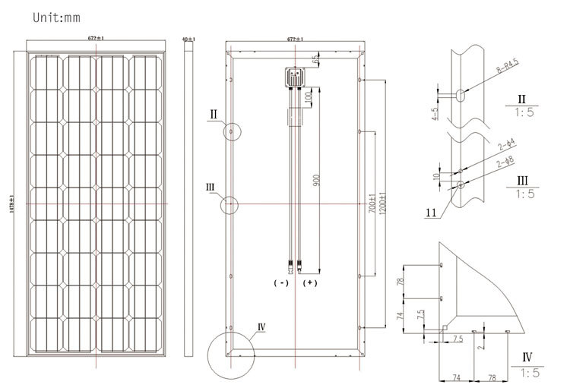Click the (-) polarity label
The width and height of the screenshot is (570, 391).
[x=280, y=283]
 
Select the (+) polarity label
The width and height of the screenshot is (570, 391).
[x=310, y=283]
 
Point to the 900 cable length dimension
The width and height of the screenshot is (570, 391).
[x=317, y=181]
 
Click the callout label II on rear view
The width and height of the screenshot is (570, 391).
[x=215, y=115]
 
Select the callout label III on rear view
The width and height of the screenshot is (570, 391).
[x=211, y=185]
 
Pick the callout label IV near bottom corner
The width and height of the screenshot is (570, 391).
[x=261, y=327]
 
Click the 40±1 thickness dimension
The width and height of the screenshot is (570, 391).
[x=188, y=39]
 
